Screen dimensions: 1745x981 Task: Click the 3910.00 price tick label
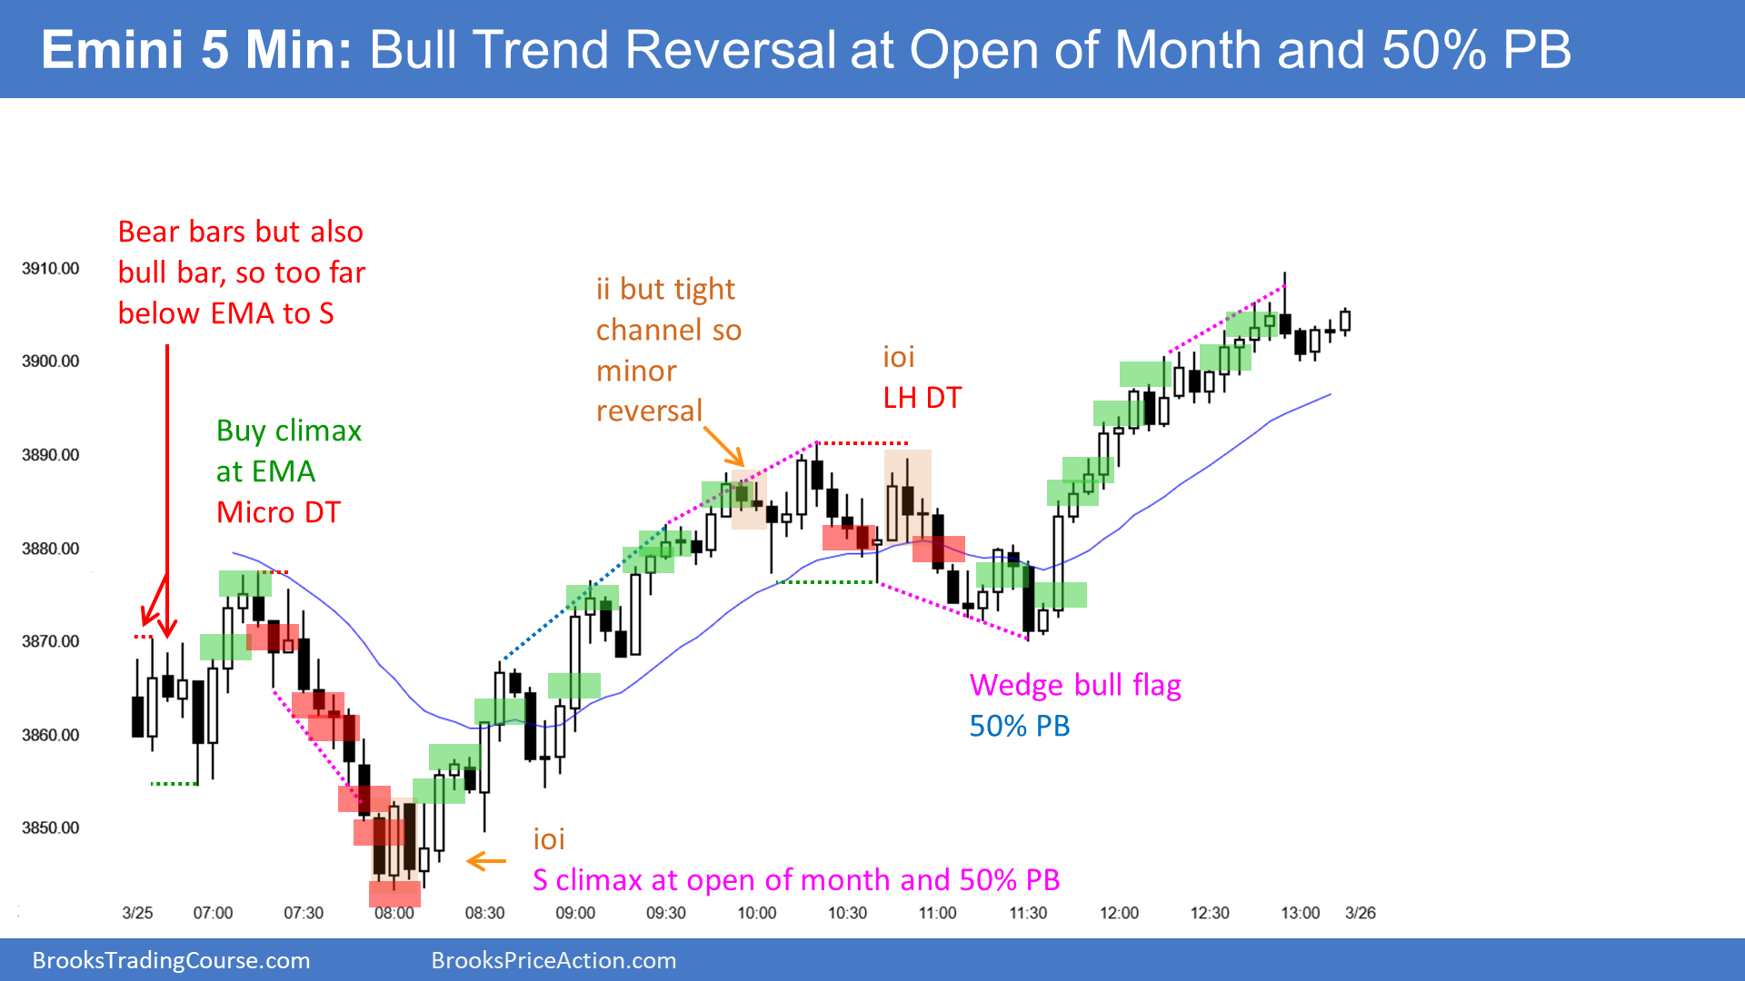coord(51,269)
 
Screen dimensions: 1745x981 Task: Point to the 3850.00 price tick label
coord(51,828)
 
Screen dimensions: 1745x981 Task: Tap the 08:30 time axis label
coord(484,913)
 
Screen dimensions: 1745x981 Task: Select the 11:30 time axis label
coord(1028,913)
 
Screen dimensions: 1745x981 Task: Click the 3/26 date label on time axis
coord(1361,913)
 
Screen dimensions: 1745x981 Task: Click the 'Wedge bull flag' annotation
coord(1075,686)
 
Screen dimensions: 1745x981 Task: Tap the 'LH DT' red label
coord(922,398)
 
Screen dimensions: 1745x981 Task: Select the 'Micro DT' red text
coord(278,512)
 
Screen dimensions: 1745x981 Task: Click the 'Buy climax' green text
coord(289,431)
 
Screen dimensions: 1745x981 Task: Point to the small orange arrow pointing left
coord(486,861)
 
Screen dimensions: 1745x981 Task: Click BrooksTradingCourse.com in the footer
coord(171,961)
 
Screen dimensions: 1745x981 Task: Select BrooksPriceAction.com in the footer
coord(553,961)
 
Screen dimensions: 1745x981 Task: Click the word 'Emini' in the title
coord(112,50)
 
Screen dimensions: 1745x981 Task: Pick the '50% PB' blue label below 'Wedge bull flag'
coord(1020,727)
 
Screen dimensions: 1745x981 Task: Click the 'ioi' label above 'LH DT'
coord(899,357)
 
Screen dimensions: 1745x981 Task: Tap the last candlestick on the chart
coord(1345,322)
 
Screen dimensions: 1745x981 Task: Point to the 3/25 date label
coord(137,913)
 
